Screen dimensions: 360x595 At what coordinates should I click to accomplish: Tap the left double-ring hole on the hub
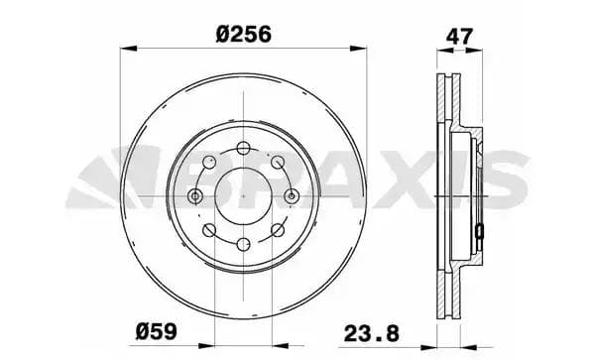[x=196, y=196]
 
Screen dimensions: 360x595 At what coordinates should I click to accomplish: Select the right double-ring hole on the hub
[x=292, y=196]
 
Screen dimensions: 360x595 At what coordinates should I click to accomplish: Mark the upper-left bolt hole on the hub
[x=210, y=163]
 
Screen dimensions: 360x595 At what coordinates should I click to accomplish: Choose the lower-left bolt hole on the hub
[x=210, y=230]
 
